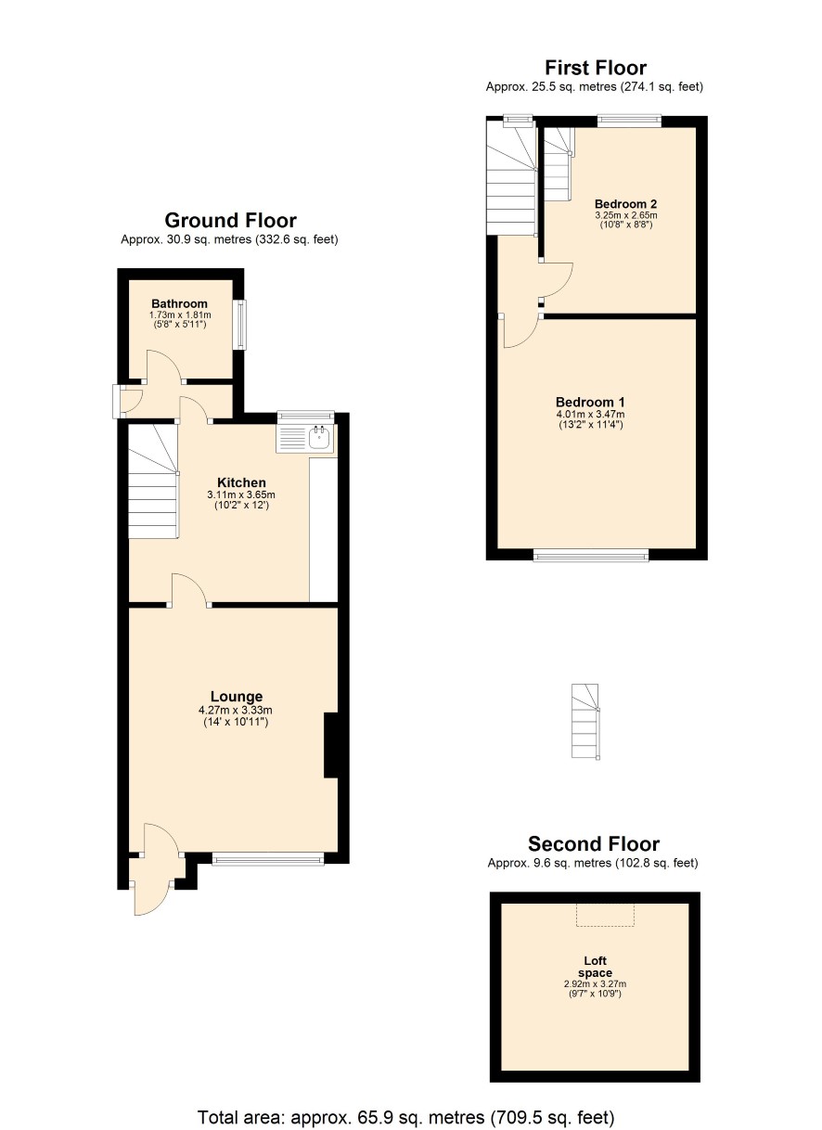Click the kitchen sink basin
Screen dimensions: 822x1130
tap(319, 437)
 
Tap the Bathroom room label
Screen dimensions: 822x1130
tap(180, 303)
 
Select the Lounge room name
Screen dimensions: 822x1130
tap(237, 697)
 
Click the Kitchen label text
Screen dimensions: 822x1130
tap(241, 482)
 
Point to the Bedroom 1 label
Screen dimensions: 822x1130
tap(590, 402)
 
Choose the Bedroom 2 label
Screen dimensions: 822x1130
tap(625, 204)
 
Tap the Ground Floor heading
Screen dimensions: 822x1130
tap(231, 221)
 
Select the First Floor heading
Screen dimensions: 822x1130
tap(596, 68)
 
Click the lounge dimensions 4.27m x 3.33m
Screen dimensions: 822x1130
tap(236, 711)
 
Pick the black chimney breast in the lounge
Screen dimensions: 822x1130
tap(330, 745)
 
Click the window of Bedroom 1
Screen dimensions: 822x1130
tap(591, 557)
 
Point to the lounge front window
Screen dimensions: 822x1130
tap(268, 860)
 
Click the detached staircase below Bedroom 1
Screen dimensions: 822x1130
tap(585, 722)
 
